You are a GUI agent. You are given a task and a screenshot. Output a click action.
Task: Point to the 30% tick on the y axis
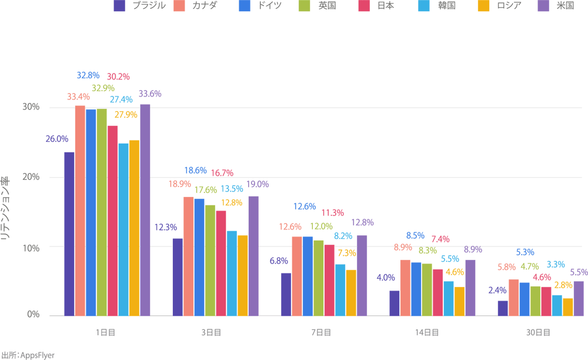(31, 107)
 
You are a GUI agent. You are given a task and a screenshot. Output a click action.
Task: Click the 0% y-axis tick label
(33, 315)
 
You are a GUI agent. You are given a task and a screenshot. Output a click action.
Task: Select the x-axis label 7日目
(320, 332)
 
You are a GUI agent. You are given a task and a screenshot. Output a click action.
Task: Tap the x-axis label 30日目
(538, 332)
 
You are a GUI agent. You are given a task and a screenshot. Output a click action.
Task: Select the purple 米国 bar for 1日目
(145, 210)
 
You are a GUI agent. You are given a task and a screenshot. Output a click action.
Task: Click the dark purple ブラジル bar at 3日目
(178, 276)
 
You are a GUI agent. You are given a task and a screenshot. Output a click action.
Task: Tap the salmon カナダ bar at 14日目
(405, 287)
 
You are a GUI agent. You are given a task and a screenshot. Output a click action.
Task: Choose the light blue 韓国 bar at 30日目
(557, 305)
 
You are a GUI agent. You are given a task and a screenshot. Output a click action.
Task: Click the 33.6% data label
(150, 94)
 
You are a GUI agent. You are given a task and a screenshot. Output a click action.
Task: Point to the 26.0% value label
(57, 139)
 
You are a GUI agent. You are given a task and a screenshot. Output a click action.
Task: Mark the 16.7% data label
(221, 173)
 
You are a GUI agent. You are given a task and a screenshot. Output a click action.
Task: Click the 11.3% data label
(332, 212)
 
